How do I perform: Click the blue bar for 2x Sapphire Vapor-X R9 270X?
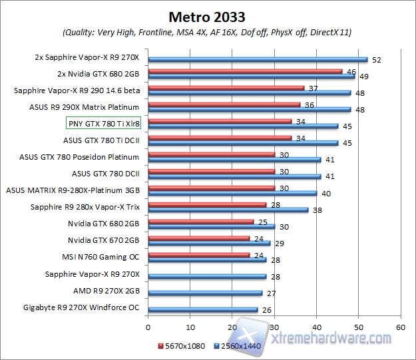coord(258,60)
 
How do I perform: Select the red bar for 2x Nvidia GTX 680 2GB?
coord(245,71)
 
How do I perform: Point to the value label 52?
coord(377,60)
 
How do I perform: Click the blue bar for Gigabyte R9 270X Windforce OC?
coord(203,309)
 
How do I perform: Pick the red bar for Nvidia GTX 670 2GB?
coord(198,238)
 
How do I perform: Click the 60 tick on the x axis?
coord(400,327)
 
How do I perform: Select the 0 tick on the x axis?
coord(148,327)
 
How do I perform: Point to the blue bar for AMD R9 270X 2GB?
coord(205,293)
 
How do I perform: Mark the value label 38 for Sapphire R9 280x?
coord(317,210)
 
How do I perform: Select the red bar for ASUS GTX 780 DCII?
coord(211,171)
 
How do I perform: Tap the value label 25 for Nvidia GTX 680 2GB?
coord(262,221)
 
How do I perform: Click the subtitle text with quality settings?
coord(208,32)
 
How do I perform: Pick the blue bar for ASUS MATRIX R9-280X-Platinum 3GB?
coord(232,193)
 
